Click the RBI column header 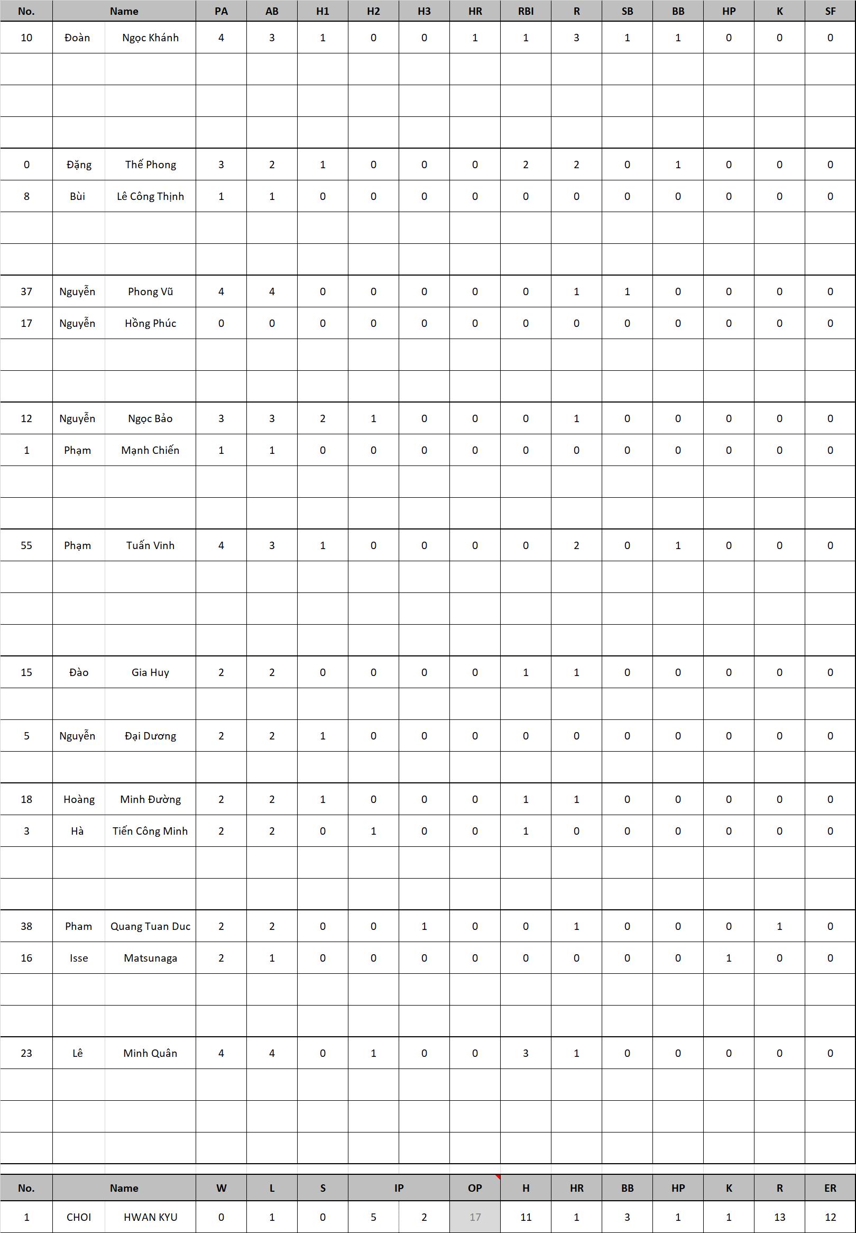point(526,11)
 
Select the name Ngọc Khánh point(150,38)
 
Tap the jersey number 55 point(26,545)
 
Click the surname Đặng point(79,165)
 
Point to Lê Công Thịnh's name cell point(150,196)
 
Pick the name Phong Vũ point(150,291)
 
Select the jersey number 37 point(26,291)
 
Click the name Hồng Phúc point(150,323)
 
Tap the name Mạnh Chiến point(150,450)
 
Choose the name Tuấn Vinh point(150,545)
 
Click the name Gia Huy point(150,672)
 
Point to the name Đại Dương point(150,736)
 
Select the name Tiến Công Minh point(150,831)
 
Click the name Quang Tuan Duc point(150,926)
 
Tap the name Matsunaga point(150,958)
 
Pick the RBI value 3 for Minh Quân point(526,1053)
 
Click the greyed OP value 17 point(475,1217)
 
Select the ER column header point(830,1188)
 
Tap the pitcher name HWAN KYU point(150,1217)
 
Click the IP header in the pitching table point(399,1188)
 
